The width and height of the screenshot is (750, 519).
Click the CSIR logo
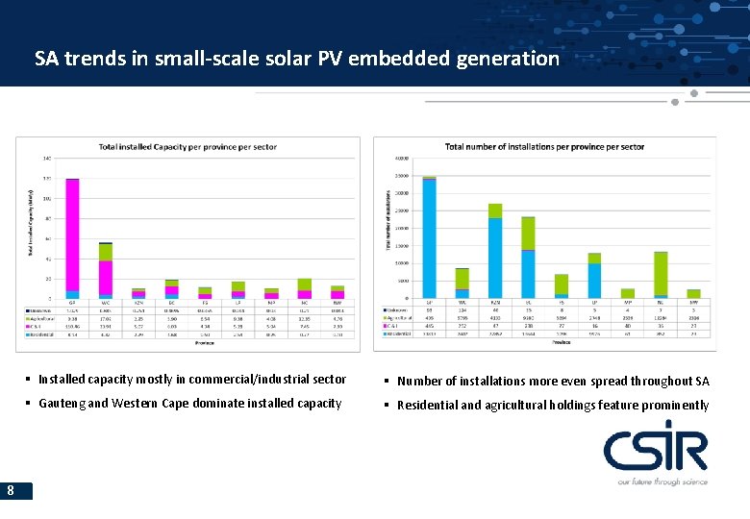coord(655,450)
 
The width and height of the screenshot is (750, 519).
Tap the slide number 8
coord(10,491)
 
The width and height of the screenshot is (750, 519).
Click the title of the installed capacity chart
coord(187,147)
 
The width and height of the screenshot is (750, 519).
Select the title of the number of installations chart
coord(544,147)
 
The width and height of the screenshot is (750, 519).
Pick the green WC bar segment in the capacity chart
coord(106,252)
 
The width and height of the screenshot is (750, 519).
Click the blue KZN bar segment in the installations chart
coord(495,258)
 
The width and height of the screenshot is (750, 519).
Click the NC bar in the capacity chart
coord(305,288)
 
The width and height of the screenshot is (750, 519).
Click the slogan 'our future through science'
coord(662,482)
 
